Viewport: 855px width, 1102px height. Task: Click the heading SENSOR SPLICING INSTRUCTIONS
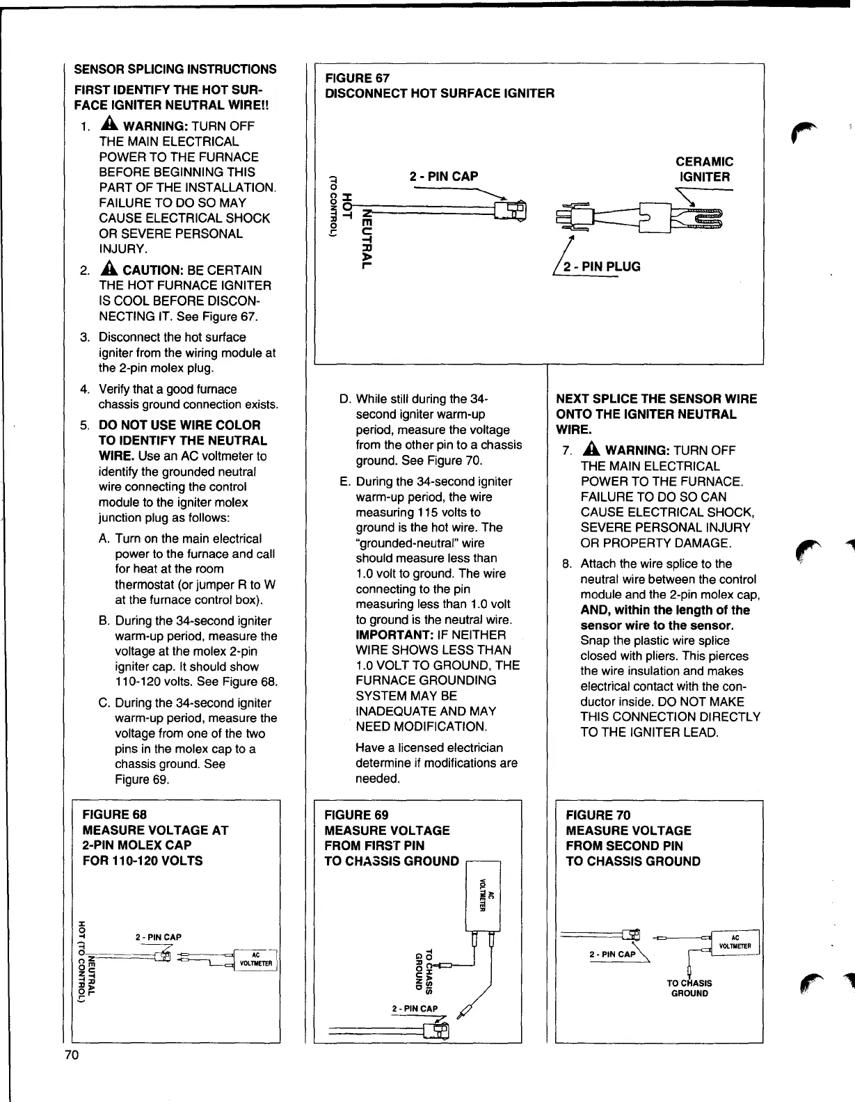click(175, 69)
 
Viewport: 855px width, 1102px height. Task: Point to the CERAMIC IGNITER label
click(704, 169)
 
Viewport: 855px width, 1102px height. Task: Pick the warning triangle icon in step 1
click(110, 125)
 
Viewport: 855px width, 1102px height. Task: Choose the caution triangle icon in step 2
click(110, 269)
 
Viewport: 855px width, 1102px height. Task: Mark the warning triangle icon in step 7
click(592, 450)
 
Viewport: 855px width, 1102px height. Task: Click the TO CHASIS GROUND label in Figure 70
click(689, 988)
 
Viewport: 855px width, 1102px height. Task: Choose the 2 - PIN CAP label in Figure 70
click(612, 954)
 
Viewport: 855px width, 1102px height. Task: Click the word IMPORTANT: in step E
click(395, 634)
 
